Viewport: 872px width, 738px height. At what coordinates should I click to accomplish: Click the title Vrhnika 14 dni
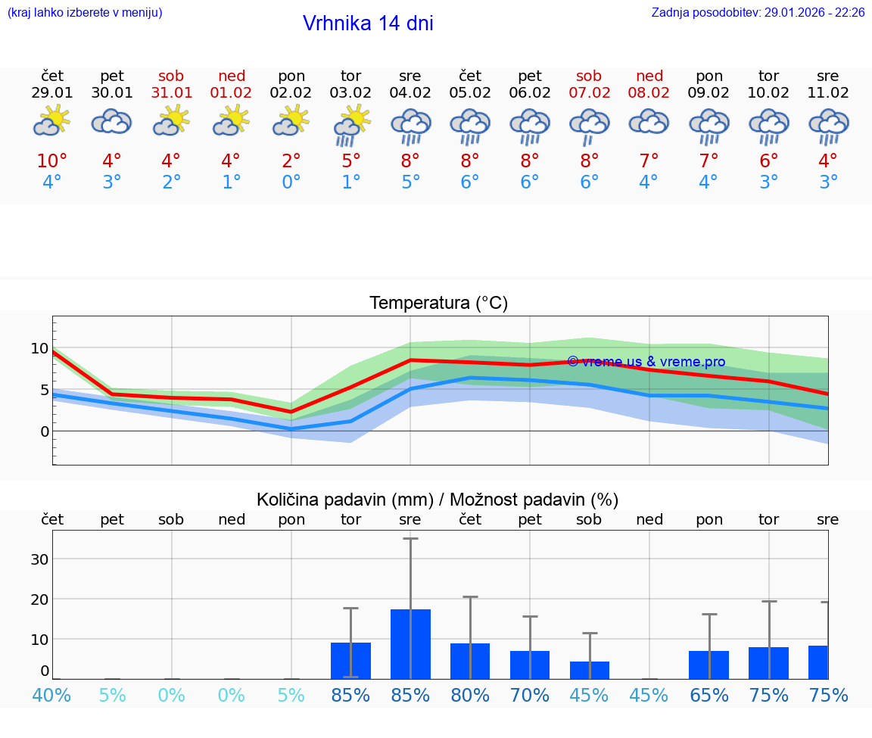tap(368, 23)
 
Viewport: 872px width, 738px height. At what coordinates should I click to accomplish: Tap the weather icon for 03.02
tap(351, 125)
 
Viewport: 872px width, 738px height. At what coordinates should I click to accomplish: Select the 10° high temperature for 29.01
tap(52, 161)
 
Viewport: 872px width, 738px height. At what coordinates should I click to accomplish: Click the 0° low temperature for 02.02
tap(291, 182)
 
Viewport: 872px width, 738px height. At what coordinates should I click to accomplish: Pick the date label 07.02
tap(589, 93)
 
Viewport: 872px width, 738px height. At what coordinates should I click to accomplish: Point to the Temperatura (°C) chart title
tap(438, 304)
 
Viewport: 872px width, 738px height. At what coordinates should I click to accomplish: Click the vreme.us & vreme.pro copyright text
tap(646, 362)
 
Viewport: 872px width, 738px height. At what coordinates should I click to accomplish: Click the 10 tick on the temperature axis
tap(39, 348)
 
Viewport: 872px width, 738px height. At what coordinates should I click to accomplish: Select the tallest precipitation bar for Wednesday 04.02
tap(410, 643)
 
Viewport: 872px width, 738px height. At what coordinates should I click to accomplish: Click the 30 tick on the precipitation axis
tap(39, 559)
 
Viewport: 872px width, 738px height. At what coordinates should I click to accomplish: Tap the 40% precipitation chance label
tap(52, 695)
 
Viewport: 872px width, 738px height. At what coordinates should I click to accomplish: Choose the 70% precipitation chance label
tap(530, 695)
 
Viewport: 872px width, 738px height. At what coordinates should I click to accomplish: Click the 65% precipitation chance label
tap(709, 695)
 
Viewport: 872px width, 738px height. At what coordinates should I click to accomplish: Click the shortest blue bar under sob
tap(589, 670)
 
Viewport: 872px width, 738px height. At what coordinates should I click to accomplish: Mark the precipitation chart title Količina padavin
tap(438, 500)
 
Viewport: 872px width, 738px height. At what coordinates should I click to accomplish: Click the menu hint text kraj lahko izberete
tap(85, 13)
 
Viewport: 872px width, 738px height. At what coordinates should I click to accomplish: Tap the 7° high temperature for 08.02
tap(649, 161)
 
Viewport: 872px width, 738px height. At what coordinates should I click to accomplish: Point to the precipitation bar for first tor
tap(350, 660)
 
